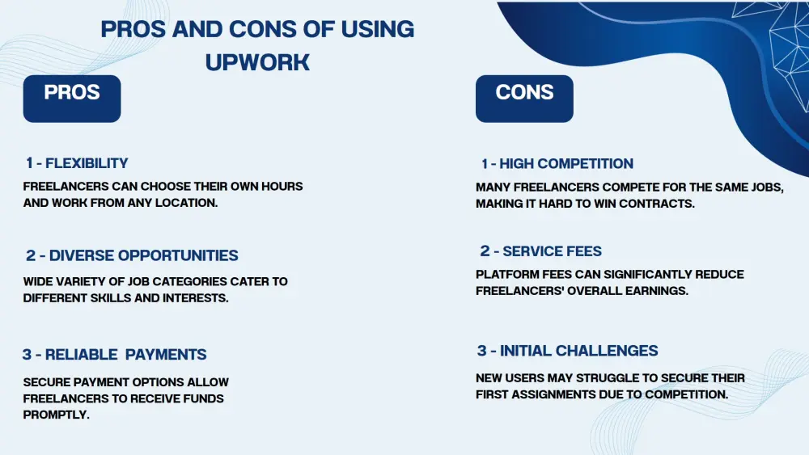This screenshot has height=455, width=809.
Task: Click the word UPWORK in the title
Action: (x=257, y=62)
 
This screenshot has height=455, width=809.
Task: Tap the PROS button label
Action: (x=72, y=92)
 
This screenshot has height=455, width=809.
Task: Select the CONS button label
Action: (x=524, y=92)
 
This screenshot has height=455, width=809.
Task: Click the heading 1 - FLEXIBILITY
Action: (x=77, y=162)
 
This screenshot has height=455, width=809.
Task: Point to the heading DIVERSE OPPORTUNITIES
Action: (x=143, y=255)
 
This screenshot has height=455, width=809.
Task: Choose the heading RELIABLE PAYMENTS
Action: (x=125, y=355)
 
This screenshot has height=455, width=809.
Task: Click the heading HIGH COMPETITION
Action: (x=566, y=163)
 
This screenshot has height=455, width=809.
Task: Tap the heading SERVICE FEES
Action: (x=552, y=251)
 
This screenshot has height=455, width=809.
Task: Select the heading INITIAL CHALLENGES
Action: (x=579, y=351)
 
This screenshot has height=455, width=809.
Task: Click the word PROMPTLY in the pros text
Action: (x=57, y=415)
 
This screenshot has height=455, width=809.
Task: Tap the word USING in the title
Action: (x=377, y=29)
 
